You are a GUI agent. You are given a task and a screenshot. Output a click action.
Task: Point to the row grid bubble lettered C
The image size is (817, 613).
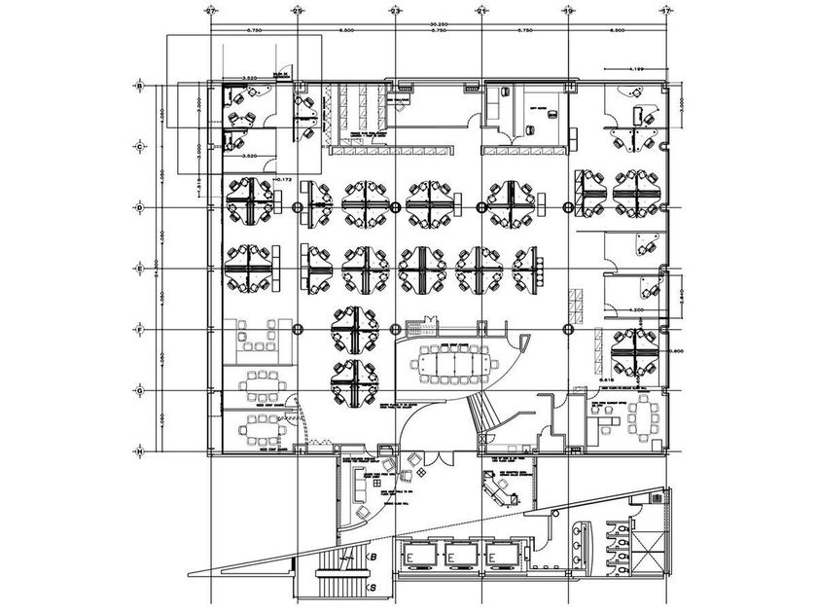(140, 147)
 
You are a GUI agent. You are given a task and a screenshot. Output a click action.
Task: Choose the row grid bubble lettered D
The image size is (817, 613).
(140, 207)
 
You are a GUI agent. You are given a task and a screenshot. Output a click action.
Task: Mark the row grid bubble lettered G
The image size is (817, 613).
(140, 391)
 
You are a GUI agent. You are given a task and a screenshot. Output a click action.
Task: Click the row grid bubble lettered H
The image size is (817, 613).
(140, 452)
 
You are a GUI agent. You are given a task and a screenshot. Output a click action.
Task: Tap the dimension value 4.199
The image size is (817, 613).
(637, 70)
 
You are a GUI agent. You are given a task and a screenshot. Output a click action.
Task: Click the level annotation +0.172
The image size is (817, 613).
(284, 179)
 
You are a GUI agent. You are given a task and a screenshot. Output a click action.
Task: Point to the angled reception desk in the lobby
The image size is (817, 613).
(502, 491)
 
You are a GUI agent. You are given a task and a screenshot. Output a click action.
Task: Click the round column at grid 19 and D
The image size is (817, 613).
(568, 207)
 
